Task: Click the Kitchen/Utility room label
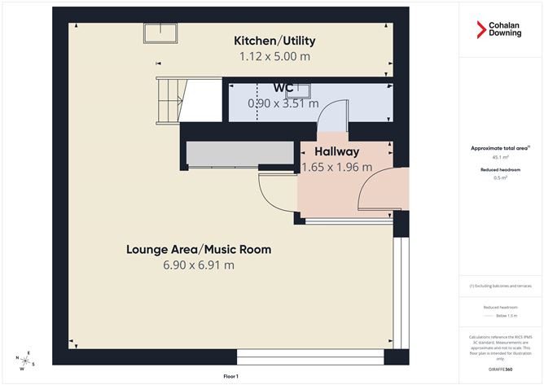pos(274,41)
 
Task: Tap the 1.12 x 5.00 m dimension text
pos(274,56)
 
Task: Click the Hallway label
pos(336,151)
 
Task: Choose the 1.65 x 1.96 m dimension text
pos(336,167)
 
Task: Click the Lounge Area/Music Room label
pos(198,249)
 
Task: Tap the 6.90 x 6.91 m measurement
pos(198,265)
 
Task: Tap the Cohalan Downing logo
pos(500,30)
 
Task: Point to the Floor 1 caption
pos(230,376)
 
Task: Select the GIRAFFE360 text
pos(500,368)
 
